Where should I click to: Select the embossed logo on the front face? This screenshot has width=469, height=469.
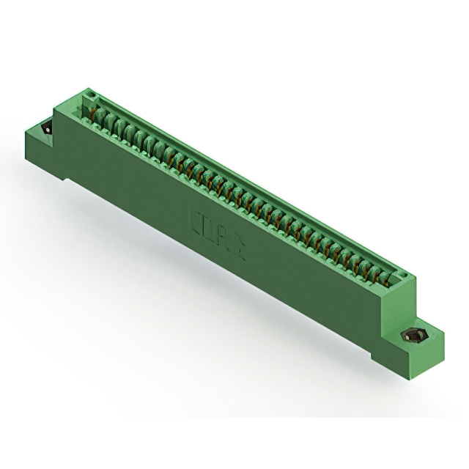pyautogui.click(x=218, y=226)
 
